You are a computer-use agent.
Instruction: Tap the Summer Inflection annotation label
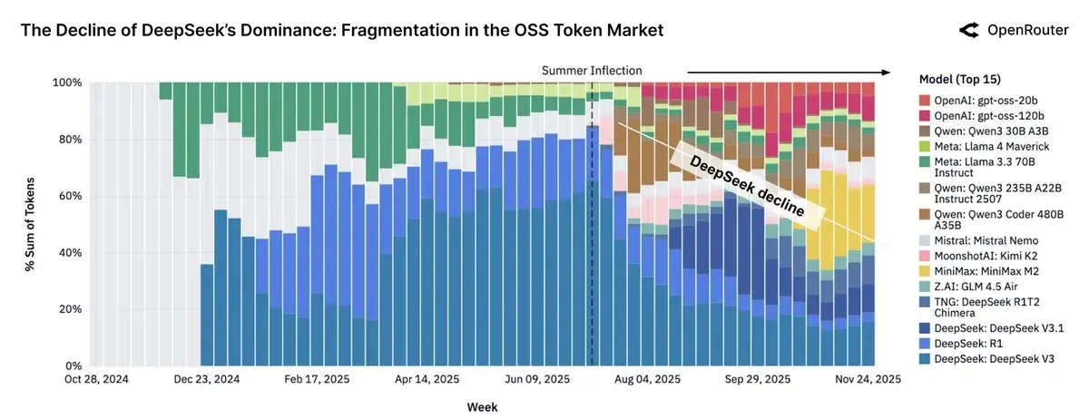tap(591, 70)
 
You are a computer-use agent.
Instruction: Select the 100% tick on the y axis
tap(69, 83)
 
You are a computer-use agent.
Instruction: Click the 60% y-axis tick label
tap(72, 196)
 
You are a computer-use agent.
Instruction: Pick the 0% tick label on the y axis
tap(75, 365)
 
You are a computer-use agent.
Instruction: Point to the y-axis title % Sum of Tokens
tap(30, 223)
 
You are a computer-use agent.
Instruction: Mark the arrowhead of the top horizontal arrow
tap(888, 71)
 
